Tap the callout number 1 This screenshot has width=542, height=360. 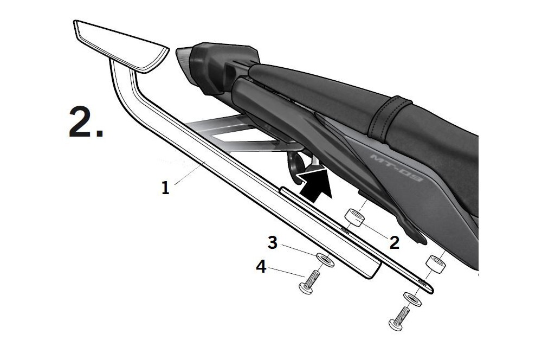click(165, 188)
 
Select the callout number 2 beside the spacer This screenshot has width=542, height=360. click(394, 242)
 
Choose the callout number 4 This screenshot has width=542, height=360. click(261, 267)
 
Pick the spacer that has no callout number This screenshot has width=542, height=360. click(436, 266)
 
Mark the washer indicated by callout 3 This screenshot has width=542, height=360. click(324, 259)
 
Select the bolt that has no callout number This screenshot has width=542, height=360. click(398, 319)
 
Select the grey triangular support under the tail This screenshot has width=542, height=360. click(228, 130)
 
